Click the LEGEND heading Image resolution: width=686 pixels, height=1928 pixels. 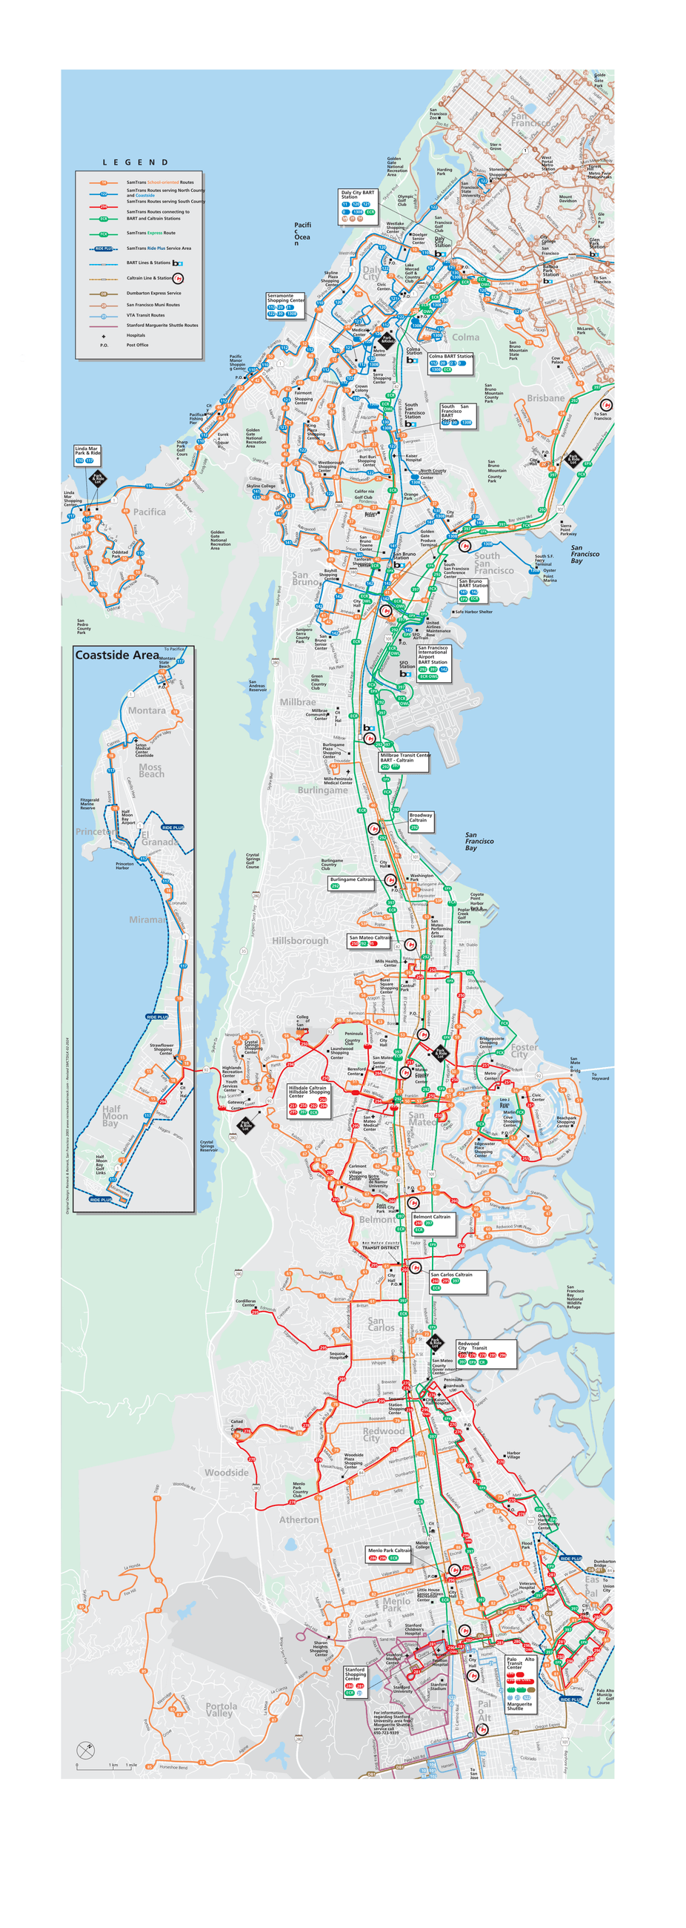(x=136, y=162)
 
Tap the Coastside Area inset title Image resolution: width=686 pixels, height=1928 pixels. (x=117, y=655)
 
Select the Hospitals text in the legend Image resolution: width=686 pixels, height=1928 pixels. (x=136, y=335)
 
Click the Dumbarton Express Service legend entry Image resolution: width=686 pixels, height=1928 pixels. (x=153, y=294)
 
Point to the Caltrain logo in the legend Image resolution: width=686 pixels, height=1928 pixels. (x=177, y=277)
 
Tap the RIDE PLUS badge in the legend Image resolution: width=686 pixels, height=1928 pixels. (x=104, y=248)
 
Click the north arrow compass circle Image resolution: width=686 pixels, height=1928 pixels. (x=86, y=1750)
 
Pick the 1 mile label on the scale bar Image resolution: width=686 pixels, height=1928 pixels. (x=131, y=1765)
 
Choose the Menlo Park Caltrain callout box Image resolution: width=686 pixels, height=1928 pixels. (x=389, y=1554)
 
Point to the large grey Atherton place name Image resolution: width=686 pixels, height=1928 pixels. (x=299, y=1520)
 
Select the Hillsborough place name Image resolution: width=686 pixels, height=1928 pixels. (x=300, y=941)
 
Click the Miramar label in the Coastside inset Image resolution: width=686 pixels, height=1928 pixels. (x=147, y=920)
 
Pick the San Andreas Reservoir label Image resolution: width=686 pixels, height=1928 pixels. (x=256, y=686)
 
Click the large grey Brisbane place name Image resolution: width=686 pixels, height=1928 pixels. (x=545, y=398)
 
